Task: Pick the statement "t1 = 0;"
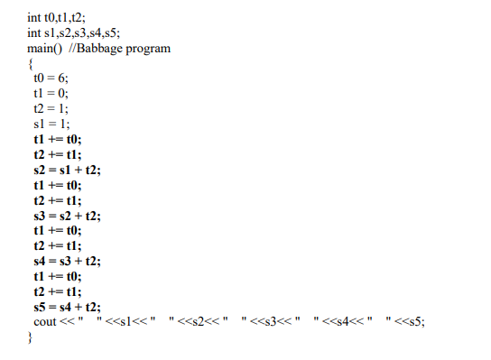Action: pos(51,94)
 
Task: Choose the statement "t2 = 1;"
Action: pos(51,109)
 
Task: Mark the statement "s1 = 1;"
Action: pos(51,125)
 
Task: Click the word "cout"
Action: pos(45,323)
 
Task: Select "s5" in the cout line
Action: pos(417,323)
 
